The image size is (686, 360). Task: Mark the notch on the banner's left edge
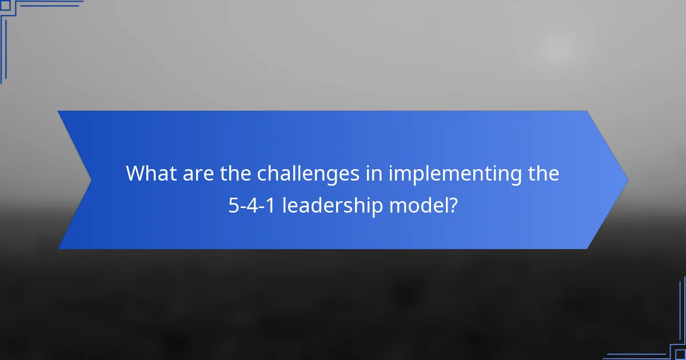pos(90,180)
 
